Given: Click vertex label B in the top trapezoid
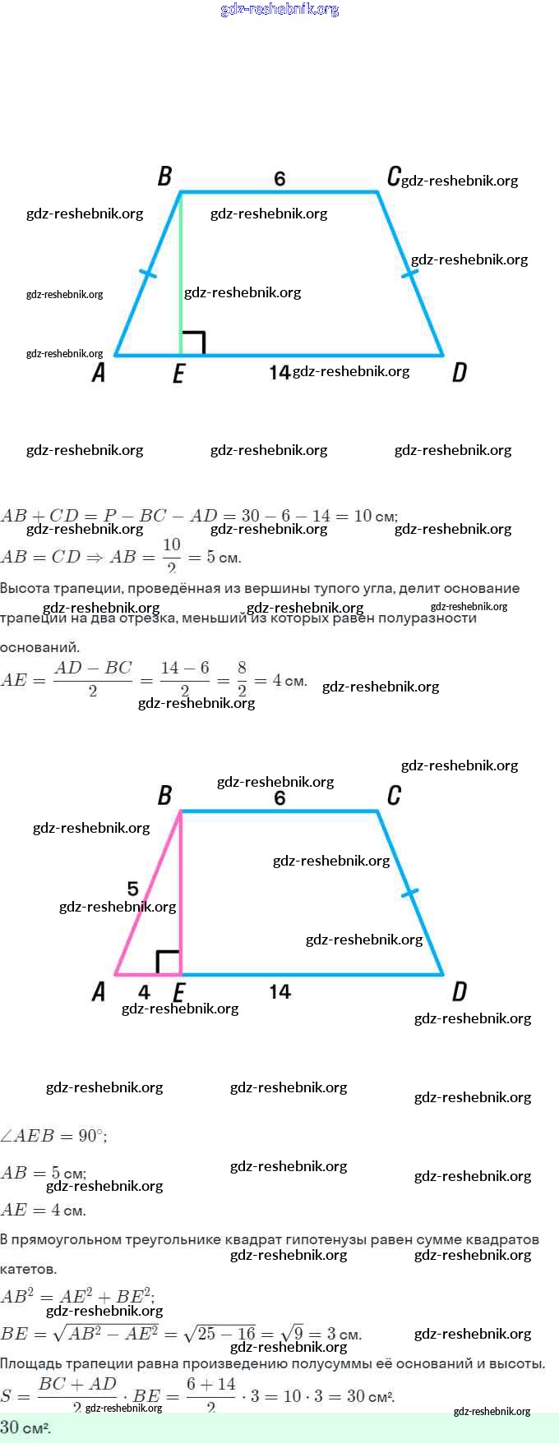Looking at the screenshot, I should [164, 177].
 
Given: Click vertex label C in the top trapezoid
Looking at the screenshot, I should [394, 177].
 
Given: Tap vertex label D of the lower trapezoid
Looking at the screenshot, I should [460, 992].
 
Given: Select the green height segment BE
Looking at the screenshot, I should [181, 271].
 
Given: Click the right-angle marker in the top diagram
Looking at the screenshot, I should [193, 343].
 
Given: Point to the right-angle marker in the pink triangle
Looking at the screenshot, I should [168, 963].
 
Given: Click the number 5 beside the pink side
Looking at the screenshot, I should [133, 889].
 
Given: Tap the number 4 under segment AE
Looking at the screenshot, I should [144, 992].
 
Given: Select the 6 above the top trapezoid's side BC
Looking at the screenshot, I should [279, 178].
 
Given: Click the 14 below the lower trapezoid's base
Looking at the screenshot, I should [279, 992].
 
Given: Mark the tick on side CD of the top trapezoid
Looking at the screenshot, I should [409, 272].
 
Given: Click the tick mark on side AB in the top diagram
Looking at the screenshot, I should [148, 273].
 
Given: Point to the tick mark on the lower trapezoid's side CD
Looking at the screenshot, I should [409, 892].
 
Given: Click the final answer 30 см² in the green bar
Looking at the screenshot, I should [25, 1427].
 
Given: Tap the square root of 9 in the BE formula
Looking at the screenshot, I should [292, 1333].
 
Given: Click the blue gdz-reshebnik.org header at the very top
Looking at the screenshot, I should [279, 10].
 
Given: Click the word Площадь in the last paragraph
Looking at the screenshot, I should [31, 1363].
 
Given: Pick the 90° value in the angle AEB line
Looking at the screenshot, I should [91, 1136].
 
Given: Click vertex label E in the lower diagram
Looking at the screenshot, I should [178, 992].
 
